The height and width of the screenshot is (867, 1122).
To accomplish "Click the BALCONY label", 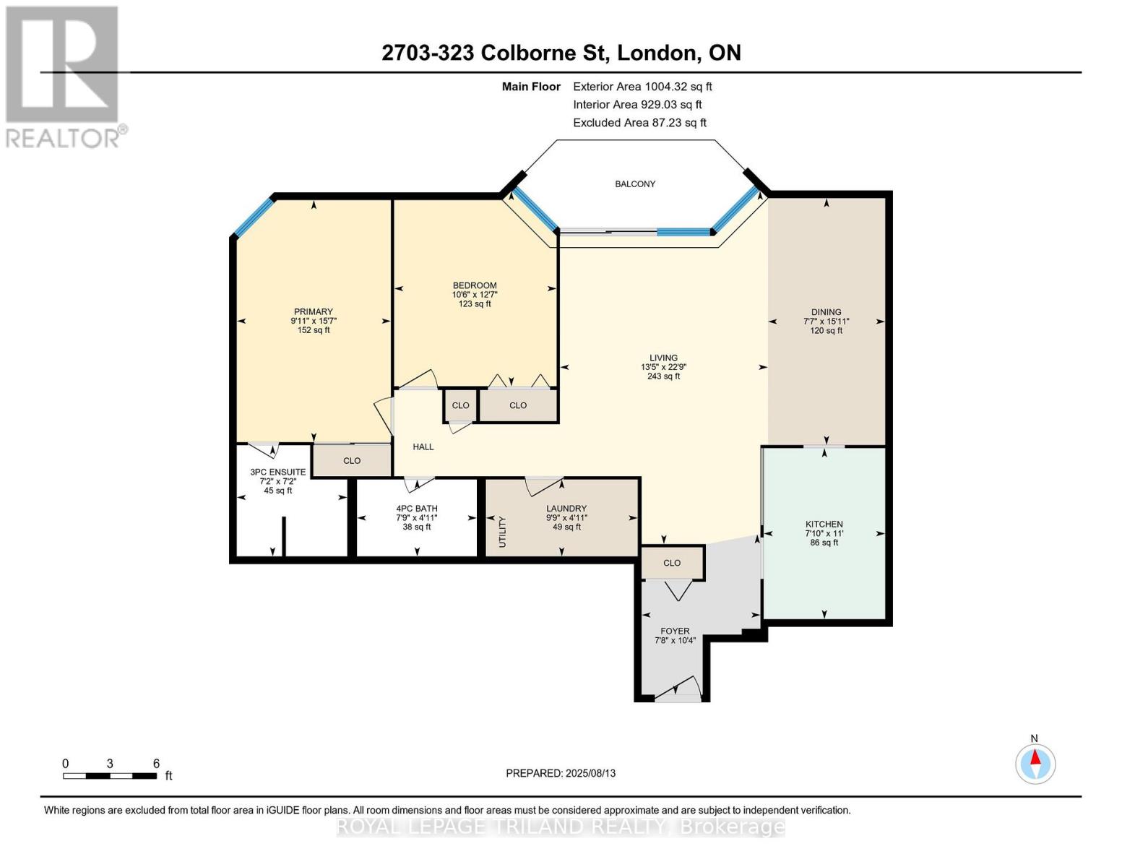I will click(635, 184).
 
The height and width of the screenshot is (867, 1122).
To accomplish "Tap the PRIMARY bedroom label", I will click(313, 312).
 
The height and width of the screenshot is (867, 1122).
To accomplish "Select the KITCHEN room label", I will click(824, 525).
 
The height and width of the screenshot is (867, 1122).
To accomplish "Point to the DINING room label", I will click(826, 312).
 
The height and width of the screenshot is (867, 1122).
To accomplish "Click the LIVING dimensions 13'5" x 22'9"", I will click(663, 367).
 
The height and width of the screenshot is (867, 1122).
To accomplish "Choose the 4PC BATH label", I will click(417, 509).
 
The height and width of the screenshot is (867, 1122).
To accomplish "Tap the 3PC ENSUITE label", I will click(278, 473).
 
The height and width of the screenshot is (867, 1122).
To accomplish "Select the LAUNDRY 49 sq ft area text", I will click(566, 527).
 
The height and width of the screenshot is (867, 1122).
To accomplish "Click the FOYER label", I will click(675, 631).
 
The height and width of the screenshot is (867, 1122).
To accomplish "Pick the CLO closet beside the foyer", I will click(672, 563).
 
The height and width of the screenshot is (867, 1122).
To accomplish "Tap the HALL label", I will click(423, 447).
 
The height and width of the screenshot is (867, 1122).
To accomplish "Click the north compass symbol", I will click(1035, 763).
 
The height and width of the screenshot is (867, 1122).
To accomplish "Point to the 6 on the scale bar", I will click(156, 764).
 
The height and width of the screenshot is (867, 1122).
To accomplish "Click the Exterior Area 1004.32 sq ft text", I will click(642, 87).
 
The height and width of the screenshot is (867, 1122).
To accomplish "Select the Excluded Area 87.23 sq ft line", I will click(639, 123).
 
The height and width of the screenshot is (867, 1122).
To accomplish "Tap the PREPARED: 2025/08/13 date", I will click(561, 773).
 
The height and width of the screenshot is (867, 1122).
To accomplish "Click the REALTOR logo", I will click(64, 76).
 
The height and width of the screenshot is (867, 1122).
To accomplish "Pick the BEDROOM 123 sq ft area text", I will click(475, 304).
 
